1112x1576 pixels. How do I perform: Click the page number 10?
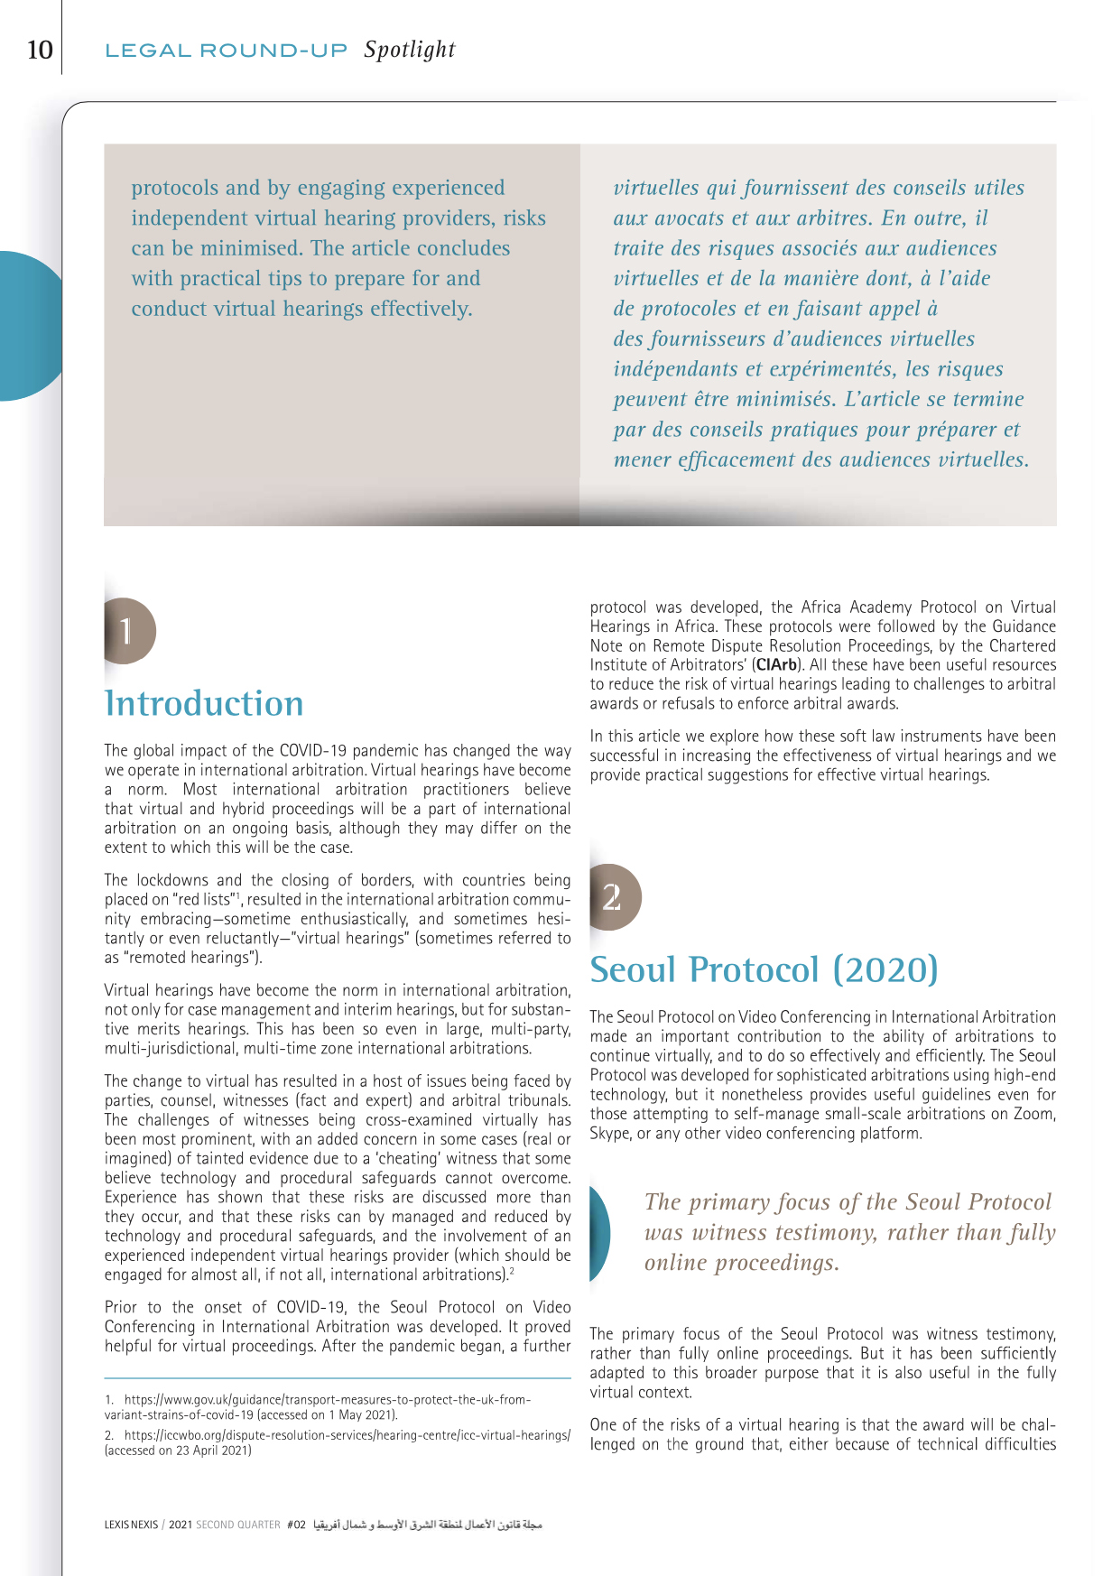[x=40, y=50]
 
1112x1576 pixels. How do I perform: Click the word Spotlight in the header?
[x=410, y=50]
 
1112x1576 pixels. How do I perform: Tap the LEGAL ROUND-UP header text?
[x=226, y=51]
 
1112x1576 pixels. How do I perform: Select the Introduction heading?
[x=204, y=703]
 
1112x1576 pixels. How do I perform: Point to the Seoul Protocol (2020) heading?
[x=764, y=969]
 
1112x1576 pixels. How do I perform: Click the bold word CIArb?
[x=775, y=665]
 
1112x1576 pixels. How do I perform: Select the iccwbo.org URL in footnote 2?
[x=347, y=1434]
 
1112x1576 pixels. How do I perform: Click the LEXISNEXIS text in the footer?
[x=131, y=1525]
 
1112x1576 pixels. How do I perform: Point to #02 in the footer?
[x=296, y=1525]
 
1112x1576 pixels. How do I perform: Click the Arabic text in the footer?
[x=428, y=1525]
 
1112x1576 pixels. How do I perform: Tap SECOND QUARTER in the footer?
[x=238, y=1525]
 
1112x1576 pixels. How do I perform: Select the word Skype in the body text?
[x=610, y=1133]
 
